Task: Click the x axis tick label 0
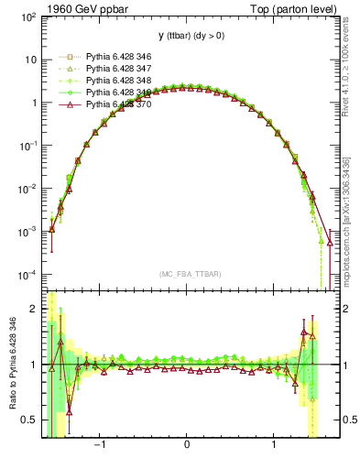(188, 448)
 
